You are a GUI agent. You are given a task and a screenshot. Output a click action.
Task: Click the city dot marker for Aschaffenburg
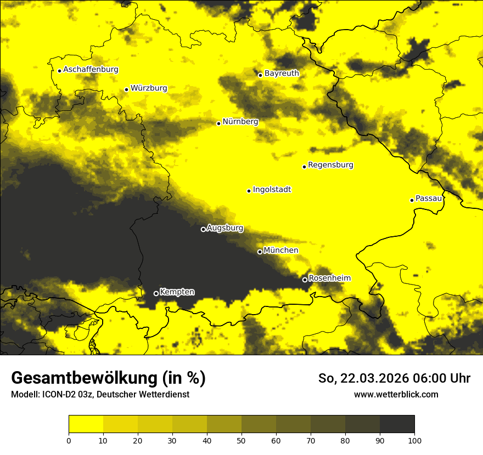59,71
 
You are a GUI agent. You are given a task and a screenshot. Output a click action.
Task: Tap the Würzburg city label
149,88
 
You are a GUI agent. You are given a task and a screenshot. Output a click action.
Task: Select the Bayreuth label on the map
282,73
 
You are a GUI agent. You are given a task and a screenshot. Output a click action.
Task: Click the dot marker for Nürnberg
218,123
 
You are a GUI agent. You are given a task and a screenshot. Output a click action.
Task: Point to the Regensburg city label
330,165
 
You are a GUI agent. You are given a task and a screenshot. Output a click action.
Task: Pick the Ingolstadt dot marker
249,191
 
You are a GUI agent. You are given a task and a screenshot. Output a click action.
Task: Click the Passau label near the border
429,198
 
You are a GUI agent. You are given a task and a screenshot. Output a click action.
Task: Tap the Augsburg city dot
203,229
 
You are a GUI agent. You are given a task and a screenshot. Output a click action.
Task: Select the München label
281,251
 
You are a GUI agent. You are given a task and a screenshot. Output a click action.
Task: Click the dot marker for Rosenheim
305,280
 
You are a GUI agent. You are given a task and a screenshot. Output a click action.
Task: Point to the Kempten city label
177,292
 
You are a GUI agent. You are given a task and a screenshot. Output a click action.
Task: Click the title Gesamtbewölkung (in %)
108,378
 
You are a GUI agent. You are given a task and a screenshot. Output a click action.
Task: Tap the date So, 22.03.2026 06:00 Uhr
394,378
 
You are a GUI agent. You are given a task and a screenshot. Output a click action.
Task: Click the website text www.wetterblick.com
396,395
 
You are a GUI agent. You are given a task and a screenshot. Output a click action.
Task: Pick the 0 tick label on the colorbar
69,440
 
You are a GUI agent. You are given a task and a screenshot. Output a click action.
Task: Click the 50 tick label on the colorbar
241,440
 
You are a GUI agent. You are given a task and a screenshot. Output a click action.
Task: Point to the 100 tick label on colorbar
414,440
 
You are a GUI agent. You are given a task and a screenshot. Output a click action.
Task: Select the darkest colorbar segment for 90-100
397,424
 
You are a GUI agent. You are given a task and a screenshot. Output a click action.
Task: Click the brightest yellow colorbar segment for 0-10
86,424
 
